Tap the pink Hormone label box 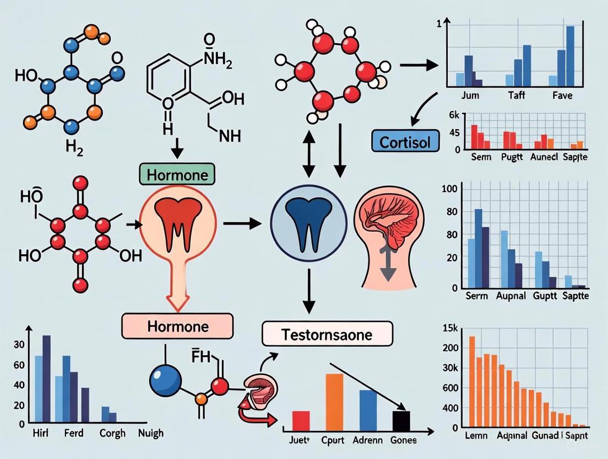click(178, 326)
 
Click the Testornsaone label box click(327, 334)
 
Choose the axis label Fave click(562, 95)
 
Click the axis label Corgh click(112, 434)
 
